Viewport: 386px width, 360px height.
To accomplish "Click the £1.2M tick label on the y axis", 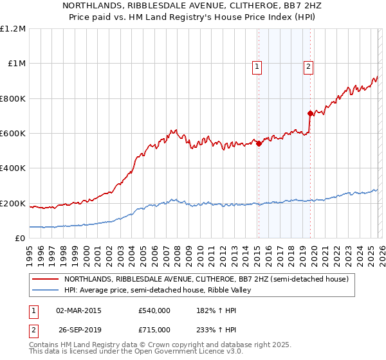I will (14, 28).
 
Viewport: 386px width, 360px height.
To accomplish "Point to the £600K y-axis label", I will (13, 134).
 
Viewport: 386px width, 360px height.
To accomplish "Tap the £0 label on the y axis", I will (19, 239).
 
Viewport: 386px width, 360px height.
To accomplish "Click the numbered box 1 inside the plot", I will (257, 65).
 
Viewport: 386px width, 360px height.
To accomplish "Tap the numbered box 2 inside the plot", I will (309, 65).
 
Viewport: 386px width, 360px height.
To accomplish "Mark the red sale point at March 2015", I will (259, 144).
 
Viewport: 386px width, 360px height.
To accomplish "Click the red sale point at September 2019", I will (311, 113).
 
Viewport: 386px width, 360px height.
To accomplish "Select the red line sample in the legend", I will (45, 280).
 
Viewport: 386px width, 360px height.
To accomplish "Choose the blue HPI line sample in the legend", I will (45, 291).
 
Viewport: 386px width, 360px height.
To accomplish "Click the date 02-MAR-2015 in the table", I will (78, 310).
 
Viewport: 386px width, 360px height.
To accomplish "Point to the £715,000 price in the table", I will (154, 329).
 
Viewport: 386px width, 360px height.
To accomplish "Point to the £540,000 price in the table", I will (154, 310).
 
